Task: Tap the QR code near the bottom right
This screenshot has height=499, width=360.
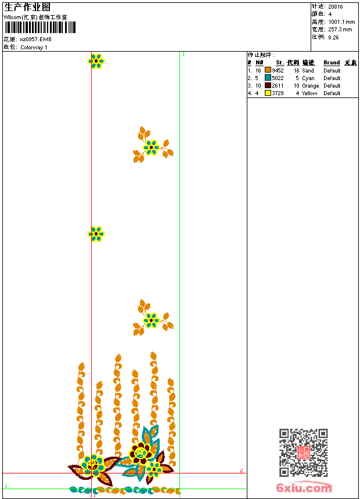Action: pyautogui.click(x=303, y=453)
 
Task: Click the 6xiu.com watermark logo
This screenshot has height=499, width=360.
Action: pyautogui.click(x=304, y=488)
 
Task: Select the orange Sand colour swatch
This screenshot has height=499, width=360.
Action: pyautogui.click(x=268, y=70)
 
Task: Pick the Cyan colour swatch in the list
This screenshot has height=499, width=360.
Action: pyautogui.click(x=268, y=78)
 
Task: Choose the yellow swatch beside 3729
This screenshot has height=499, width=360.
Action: pyautogui.click(x=268, y=93)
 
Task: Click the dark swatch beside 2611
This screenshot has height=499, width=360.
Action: pyautogui.click(x=268, y=85)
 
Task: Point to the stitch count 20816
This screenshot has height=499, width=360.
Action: pyautogui.click(x=336, y=7)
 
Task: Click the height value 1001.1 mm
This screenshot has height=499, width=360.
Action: pyautogui.click(x=341, y=21)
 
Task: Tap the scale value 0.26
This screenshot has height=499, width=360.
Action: pyautogui.click(x=333, y=37)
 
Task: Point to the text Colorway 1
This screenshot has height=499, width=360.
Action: pyautogui.click(x=34, y=48)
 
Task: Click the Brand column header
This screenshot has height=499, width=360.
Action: pyautogui.click(x=332, y=63)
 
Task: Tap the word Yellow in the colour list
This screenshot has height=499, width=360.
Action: pyautogui.click(x=309, y=93)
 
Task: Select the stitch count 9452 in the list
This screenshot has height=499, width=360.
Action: pyautogui.click(x=278, y=70)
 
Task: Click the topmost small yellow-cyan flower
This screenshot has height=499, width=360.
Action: pyautogui.click(x=96, y=60)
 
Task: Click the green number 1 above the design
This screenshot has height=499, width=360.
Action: pyautogui.click(x=183, y=54)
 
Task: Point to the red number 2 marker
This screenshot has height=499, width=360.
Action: pyautogui.click(x=241, y=471)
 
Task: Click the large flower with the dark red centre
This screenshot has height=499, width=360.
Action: pyautogui.click(x=139, y=453)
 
